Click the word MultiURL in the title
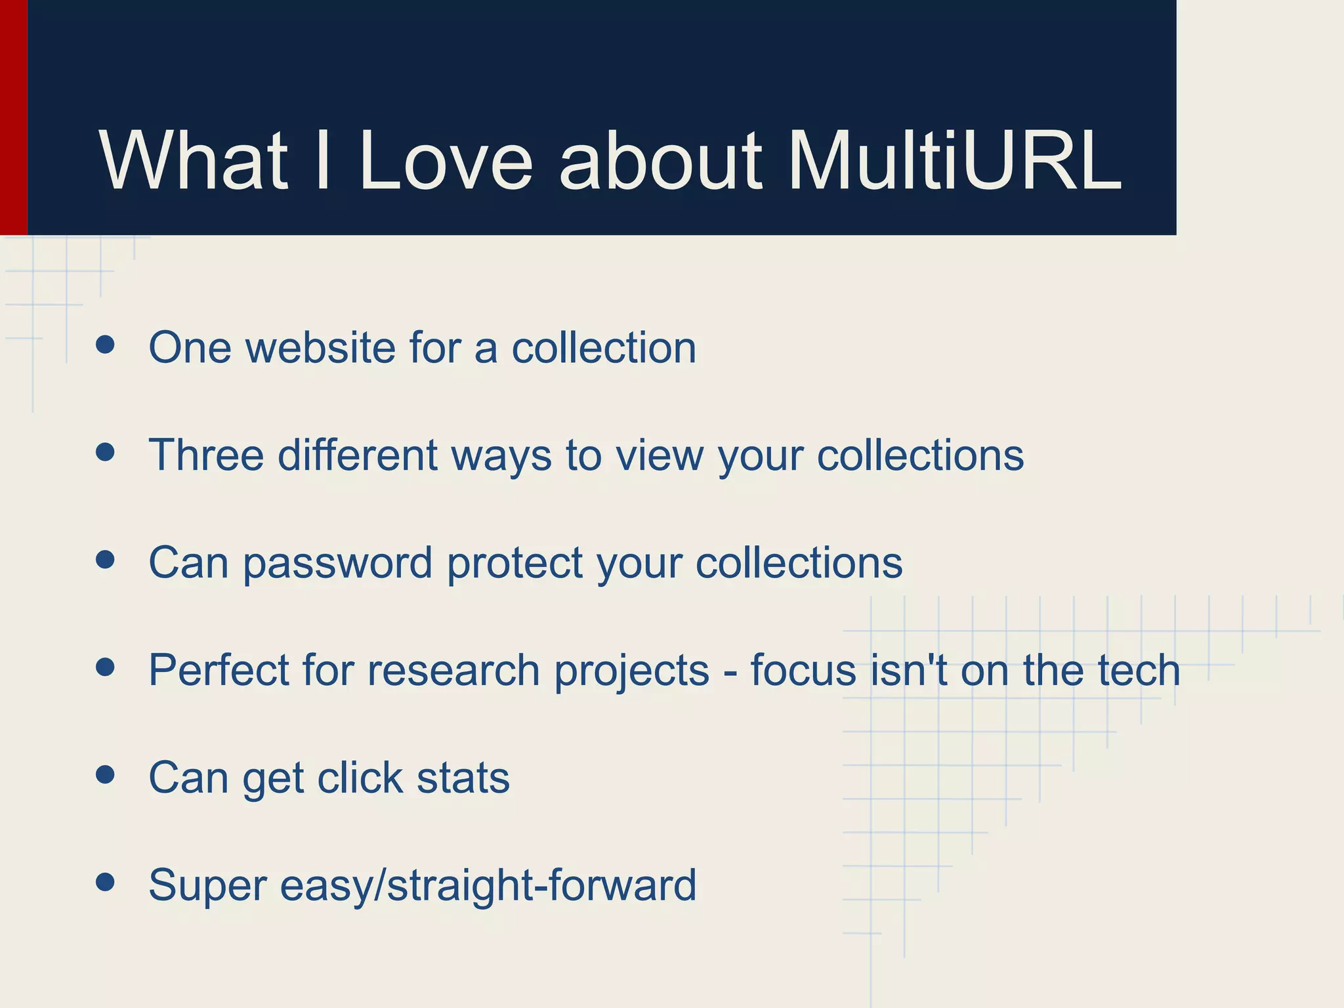(x=955, y=161)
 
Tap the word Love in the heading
(x=446, y=161)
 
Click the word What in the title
(x=194, y=161)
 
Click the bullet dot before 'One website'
(x=105, y=345)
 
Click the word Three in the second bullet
(x=206, y=455)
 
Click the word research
(x=454, y=670)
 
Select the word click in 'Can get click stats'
(x=359, y=778)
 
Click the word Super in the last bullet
(x=207, y=885)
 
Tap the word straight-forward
(x=541, y=885)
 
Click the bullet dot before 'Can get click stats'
(x=105, y=774)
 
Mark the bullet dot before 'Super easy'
(x=105, y=882)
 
